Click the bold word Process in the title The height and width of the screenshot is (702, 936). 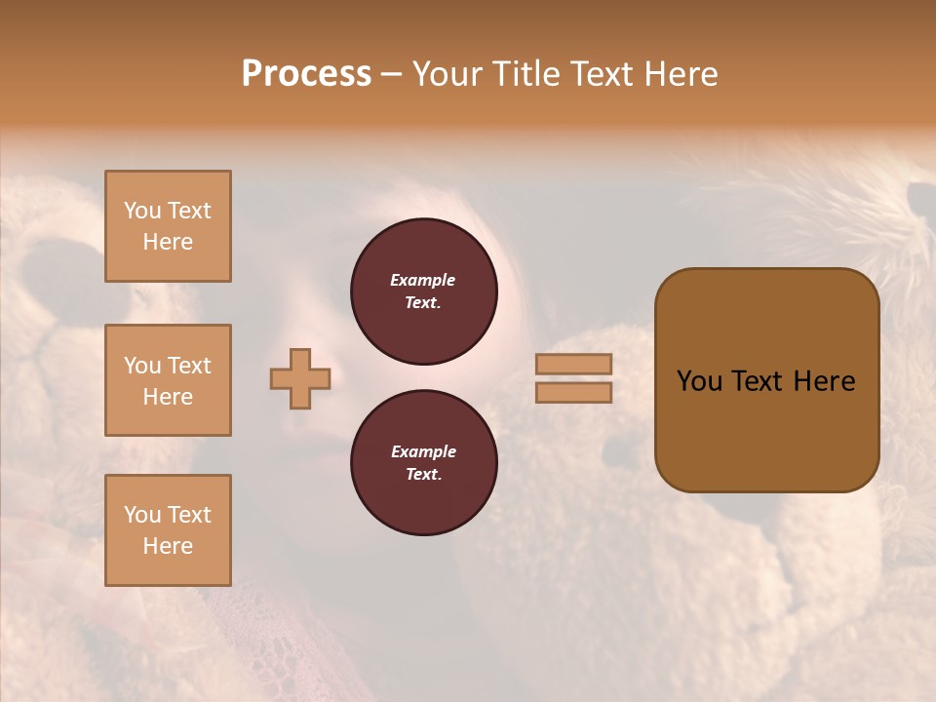(x=306, y=74)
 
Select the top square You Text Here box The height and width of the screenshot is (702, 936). (x=168, y=226)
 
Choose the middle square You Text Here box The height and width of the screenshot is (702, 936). (x=168, y=380)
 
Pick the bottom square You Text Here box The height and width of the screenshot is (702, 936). (x=168, y=530)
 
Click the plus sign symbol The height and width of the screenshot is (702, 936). (x=300, y=378)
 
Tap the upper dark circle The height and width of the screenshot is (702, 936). (x=424, y=291)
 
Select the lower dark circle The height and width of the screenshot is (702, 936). (x=424, y=462)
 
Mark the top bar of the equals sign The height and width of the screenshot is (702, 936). (x=573, y=364)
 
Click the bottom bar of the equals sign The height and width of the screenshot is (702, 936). (x=573, y=393)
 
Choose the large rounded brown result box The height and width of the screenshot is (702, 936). (x=766, y=380)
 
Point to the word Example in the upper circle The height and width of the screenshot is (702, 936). (x=423, y=280)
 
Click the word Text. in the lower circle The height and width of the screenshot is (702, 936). (x=423, y=474)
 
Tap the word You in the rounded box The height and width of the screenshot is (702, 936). (x=699, y=381)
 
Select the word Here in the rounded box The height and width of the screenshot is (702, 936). (x=824, y=381)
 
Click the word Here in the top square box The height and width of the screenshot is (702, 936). (x=168, y=242)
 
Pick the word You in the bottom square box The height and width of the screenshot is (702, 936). (x=142, y=515)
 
